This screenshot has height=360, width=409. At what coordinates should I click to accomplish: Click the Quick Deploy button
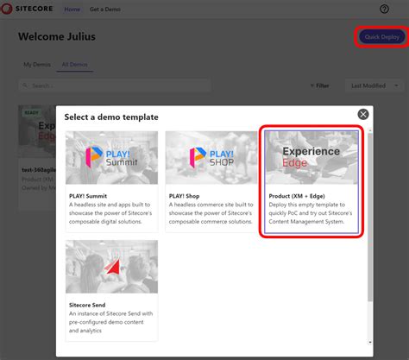[382, 37]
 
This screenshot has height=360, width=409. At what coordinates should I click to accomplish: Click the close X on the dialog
[363, 114]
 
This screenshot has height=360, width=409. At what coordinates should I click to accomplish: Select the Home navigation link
[73, 9]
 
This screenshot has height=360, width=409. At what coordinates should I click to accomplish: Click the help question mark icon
[385, 9]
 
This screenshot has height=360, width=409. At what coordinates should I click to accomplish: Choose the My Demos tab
[37, 65]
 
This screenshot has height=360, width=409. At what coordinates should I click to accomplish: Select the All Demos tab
[73, 65]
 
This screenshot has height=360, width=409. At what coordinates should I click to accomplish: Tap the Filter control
[318, 85]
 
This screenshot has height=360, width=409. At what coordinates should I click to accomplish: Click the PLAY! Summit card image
[111, 157]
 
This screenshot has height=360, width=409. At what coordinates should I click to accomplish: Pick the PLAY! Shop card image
[211, 157]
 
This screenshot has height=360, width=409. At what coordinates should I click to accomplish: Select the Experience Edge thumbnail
[311, 157]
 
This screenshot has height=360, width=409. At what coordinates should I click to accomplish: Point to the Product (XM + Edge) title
[298, 196]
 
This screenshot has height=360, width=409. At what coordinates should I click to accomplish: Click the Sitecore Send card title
[92, 305]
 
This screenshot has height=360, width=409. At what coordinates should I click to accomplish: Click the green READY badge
[31, 111]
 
